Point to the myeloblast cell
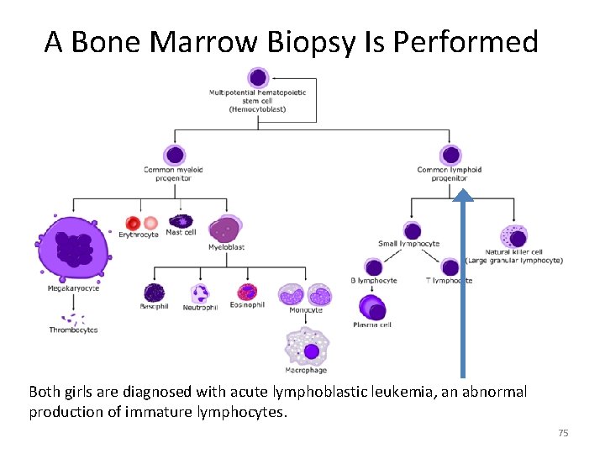click(224, 230)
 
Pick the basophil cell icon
click(154, 292)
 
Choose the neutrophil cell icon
click(200, 293)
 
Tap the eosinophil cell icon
click(247, 292)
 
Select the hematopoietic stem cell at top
click(258, 78)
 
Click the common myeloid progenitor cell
click(174, 156)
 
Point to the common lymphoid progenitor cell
click(451, 156)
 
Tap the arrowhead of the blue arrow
click(463, 195)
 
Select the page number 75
click(563, 433)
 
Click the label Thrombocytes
click(73, 330)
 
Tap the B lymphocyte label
click(374, 280)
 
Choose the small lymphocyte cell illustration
click(412, 231)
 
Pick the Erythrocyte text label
click(139, 235)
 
